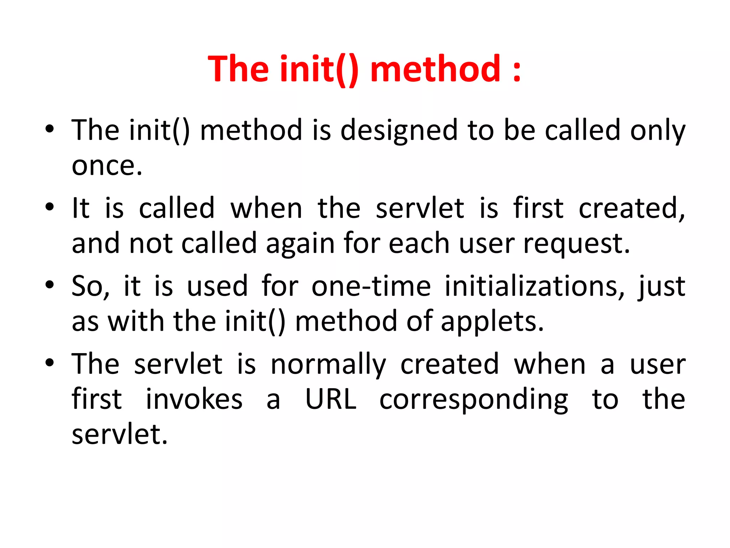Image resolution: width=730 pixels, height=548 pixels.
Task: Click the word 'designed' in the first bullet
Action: (x=399, y=130)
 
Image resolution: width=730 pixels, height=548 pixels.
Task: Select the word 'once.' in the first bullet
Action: (x=107, y=166)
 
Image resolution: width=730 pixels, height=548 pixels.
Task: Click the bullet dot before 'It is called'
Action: (x=50, y=207)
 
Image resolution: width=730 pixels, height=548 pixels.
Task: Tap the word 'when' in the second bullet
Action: (x=266, y=208)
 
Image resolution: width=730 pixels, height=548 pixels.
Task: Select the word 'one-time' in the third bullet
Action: (x=371, y=286)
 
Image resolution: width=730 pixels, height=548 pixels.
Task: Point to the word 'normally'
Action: (x=328, y=365)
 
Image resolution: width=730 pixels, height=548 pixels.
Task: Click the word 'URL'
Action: (x=331, y=399)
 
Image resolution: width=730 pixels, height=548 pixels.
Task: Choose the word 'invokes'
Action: (x=194, y=399)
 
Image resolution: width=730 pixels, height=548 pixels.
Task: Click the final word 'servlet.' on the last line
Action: (x=119, y=434)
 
